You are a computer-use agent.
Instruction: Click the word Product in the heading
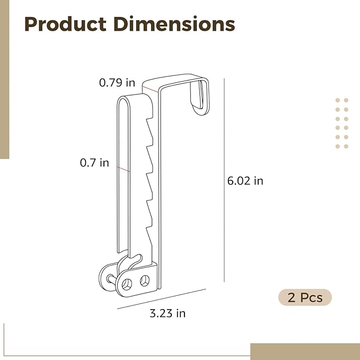coord(65,24)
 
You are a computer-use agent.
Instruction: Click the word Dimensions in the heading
coord(174,24)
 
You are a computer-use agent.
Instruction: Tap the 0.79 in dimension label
coord(117,82)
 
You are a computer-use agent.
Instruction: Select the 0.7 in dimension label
coord(94,163)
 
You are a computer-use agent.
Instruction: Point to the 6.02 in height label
coord(245,181)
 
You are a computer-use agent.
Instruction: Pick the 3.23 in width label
coord(168,313)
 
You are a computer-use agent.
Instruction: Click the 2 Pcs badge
coord(305,297)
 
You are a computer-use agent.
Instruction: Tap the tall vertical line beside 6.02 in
coord(224,180)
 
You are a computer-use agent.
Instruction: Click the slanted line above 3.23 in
coord(161,299)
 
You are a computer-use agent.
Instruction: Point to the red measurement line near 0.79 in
coord(150,89)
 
